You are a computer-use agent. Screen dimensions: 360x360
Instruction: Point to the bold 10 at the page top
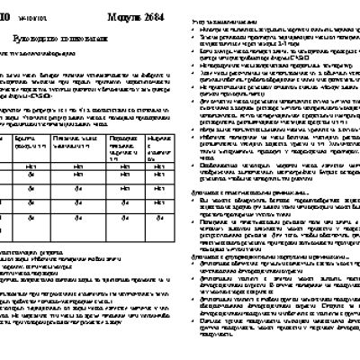pos(6,13)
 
